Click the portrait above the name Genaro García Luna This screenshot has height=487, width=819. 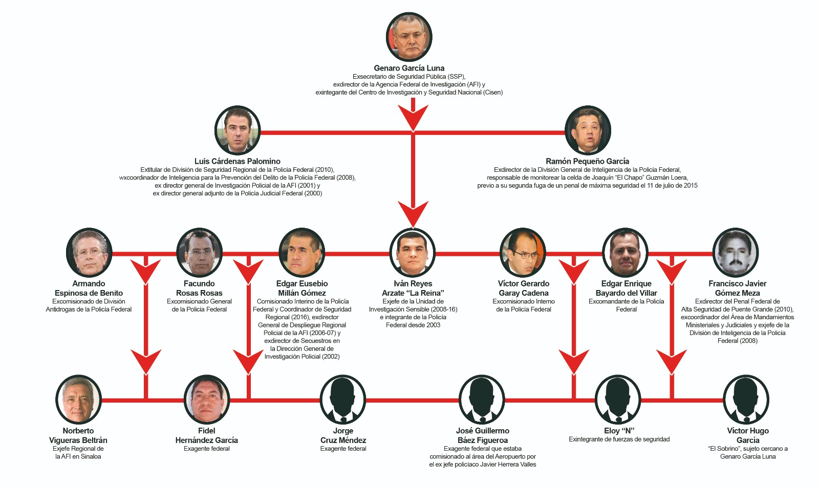[x=409, y=37]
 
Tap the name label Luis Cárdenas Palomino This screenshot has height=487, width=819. [x=237, y=161]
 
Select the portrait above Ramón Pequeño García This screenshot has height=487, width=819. [x=588, y=130]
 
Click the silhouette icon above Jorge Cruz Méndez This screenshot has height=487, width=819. [x=343, y=400]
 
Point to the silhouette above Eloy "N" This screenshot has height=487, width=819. [x=618, y=400]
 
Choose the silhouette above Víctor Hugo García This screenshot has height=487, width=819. [x=746, y=400]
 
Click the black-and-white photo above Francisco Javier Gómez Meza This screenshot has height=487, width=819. [x=736, y=253]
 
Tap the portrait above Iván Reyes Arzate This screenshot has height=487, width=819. [x=412, y=253]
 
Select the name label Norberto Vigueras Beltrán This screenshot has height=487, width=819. [x=78, y=435]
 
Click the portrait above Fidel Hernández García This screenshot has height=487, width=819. [x=207, y=400]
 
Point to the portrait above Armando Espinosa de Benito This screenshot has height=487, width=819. [x=89, y=253]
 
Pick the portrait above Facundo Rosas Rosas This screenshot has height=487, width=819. [x=199, y=253]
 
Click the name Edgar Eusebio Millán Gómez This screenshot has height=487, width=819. [x=302, y=288]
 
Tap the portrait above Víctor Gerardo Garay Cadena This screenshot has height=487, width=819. [x=523, y=253]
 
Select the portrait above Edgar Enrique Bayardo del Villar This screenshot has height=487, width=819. [x=626, y=253]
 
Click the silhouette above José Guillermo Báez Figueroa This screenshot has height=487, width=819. [x=482, y=400]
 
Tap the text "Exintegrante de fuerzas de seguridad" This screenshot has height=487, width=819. [x=619, y=439]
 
